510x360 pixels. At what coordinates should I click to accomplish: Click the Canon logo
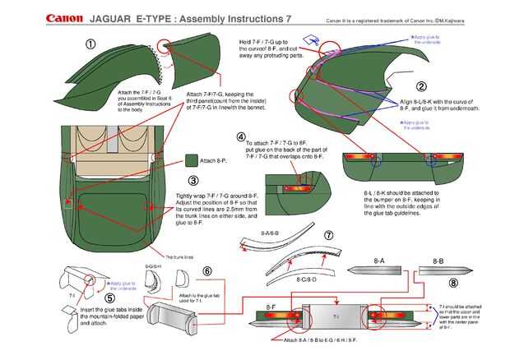[x=63, y=16]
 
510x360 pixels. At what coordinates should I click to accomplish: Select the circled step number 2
[x=420, y=86]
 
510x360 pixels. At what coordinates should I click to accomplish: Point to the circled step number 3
[x=193, y=182]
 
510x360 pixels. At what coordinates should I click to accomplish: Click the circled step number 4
[x=241, y=136]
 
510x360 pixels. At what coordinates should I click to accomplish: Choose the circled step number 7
[x=328, y=235]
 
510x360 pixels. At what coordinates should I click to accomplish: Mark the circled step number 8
[x=453, y=282]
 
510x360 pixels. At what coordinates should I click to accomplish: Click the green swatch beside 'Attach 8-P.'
[x=191, y=161]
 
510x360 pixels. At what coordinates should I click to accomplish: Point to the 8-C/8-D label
[x=306, y=280]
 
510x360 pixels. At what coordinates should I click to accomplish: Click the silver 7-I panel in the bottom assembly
[x=336, y=316]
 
